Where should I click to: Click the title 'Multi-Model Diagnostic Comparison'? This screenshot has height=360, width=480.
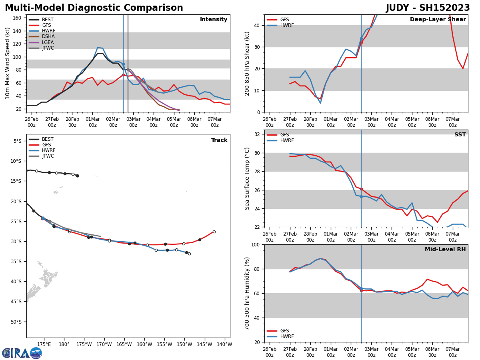[94, 8]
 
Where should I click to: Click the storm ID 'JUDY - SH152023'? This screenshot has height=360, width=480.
[428, 8]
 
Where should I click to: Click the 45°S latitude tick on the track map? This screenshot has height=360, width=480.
[17, 302]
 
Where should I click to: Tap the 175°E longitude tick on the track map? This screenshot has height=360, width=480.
[44, 344]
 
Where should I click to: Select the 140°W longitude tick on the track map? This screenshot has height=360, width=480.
[225, 344]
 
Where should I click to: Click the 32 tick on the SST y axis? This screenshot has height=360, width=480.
[258, 134]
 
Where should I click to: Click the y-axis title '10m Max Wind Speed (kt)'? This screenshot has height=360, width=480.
[8, 63]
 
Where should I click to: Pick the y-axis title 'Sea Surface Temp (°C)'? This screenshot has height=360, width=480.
[247, 178]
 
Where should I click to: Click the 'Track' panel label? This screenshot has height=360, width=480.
[219, 140]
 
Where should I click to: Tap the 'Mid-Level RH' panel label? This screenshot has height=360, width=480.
[445, 250]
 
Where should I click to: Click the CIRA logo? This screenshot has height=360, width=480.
[22, 353]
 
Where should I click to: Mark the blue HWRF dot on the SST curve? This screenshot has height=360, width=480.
[361, 196]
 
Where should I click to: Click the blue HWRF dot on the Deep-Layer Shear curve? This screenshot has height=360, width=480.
[361, 39]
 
